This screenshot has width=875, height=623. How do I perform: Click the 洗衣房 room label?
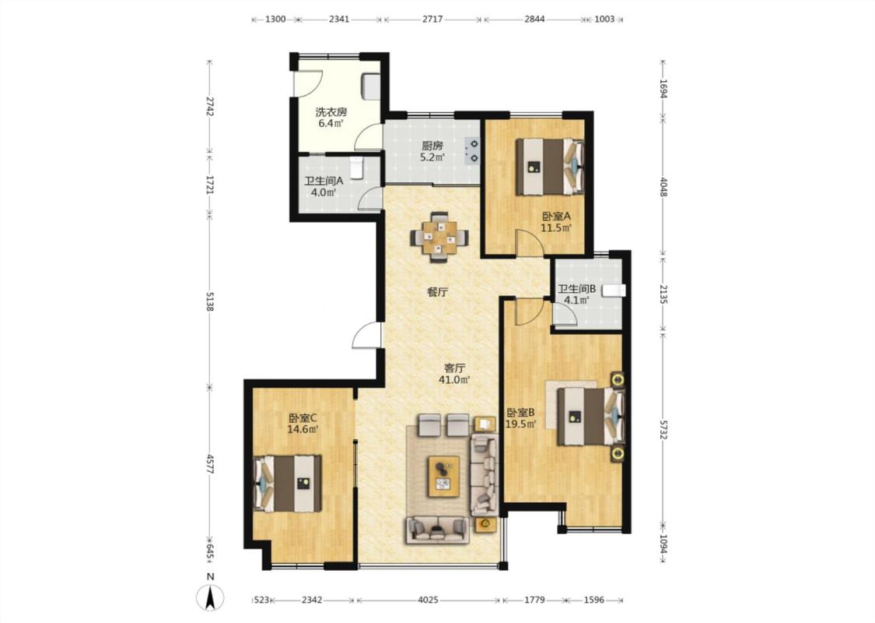point(331,111)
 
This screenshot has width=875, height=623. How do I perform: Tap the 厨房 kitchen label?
point(432,146)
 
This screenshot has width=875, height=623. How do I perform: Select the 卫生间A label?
point(324,181)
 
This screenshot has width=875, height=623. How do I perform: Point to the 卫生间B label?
point(577,289)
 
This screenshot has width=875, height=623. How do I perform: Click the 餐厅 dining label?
point(437,292)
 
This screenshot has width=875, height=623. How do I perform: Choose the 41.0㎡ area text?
point(454,380)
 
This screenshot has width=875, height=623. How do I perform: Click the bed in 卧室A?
point(550,167)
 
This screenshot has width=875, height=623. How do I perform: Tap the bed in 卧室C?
point(288,484)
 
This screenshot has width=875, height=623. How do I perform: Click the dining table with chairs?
point(439,238)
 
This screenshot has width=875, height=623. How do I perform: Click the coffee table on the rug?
point(444,476)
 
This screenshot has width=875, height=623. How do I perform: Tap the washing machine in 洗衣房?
point(371,86)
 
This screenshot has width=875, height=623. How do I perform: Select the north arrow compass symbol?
point(210,597)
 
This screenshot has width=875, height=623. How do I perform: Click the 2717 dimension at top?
point(432,19)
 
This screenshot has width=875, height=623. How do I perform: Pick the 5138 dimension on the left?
point(210,301)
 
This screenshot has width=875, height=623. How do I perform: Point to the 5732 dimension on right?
point(663,429)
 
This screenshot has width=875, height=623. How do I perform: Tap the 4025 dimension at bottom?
point(428,600)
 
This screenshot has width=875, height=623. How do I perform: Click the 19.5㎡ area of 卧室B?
point(521,424)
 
